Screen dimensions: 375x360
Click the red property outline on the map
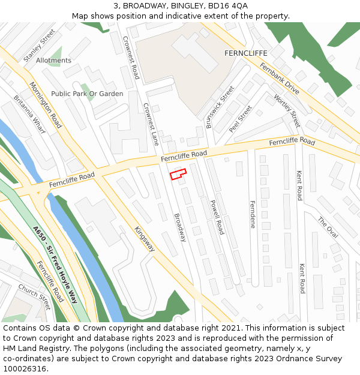pyautogui.click(x=178, y=174)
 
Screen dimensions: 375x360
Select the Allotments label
pyautogui.click(x=53, y=61)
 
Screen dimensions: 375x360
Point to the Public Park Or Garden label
pyautogui.click(x=87, y=94)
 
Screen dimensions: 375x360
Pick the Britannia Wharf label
pyautogui.click(x=29, y=116)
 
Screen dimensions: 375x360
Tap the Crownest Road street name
pyautogui.click(x=131, y=57)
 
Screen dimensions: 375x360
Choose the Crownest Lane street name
pyautogui.click(x=151, y=124)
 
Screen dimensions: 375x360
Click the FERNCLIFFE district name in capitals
pyautogui.click(x=245, y=53)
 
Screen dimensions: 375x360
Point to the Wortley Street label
pyautogui.click(x=287, y=111)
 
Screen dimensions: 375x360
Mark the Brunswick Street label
pyautogui.click(x=220, y=107)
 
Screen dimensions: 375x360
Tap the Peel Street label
pyautogui.click(x=240, y=119)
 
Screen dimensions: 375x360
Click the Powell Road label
pyautogui.click(x=217, y=217)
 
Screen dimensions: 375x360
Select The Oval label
pyautogui.click(x=328, y=227)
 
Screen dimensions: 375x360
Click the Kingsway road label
pyautogui.click(x=145, y=239)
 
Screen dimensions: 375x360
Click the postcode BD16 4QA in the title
pyautogui.click(x=227, y=5)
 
